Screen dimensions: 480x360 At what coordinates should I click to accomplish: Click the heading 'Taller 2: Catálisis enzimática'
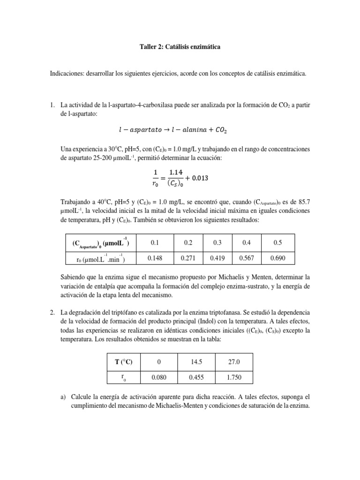[x=180, y=47]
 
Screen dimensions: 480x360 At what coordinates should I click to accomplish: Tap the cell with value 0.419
[x=217, y=258]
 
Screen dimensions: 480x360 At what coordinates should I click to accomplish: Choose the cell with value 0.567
[x=247, y=258]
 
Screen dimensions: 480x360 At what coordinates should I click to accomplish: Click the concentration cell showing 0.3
[x=217, y=243]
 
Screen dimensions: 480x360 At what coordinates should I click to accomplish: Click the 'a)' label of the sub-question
[x=64, y=396]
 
